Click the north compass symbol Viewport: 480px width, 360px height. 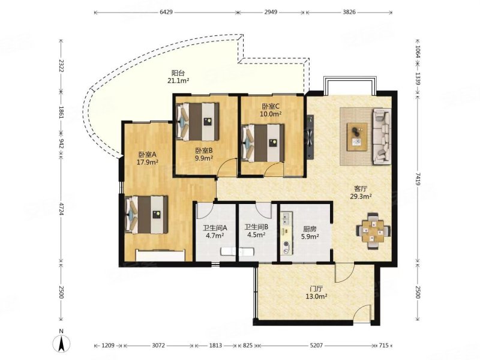(x=62, y=342)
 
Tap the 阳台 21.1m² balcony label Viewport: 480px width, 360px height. (x=178, y=77)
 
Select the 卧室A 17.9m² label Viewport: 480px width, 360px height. (x=147, y=158)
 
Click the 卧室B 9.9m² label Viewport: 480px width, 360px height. (x=204, y=154)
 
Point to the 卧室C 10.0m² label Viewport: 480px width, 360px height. (x=271, y=110)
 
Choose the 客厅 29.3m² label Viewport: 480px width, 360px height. (x=361, y=193)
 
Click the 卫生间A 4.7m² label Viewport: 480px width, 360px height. (x=215, y=232)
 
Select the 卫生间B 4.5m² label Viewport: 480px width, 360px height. (x=257, y=231)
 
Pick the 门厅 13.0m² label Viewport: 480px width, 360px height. (x=317, y=292)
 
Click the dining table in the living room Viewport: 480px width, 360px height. (x=373, y=231)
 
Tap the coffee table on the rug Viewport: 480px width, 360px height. (x=357, y=137)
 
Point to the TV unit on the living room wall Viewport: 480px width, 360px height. (x=310, y=137)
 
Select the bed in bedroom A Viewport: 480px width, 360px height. (x=146, y=215)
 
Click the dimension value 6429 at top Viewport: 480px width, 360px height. (x=166, y=12)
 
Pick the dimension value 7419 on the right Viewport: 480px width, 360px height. (x=418, y=179)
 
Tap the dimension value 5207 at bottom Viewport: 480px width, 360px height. (x=316, y=346)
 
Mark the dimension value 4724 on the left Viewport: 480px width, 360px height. (x=61, y=208)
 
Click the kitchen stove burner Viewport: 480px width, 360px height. (x=287, y=244)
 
